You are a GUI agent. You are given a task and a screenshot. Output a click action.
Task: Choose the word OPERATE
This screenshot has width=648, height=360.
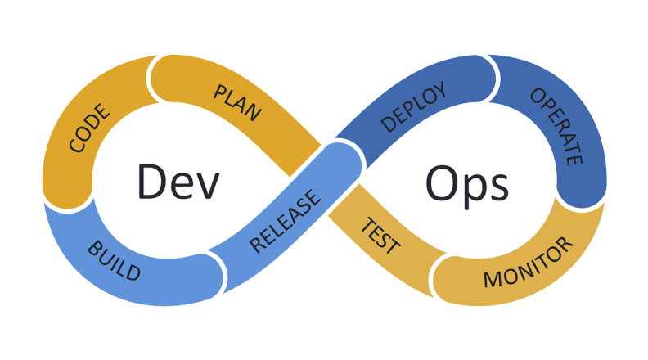coord(556,126)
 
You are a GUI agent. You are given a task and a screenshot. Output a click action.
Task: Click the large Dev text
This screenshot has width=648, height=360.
coord(178,182)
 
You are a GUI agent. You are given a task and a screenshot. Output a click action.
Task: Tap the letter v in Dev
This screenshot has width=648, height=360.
coord(209,187)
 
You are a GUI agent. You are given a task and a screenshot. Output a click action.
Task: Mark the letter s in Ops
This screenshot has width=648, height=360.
coord(497,187)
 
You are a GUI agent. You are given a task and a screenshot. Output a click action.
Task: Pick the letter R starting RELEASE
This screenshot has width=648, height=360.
coord(257,243)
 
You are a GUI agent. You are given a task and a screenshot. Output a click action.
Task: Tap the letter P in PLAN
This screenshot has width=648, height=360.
coord(220,91)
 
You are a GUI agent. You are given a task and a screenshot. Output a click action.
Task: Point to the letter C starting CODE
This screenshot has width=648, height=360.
coord(77,148)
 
